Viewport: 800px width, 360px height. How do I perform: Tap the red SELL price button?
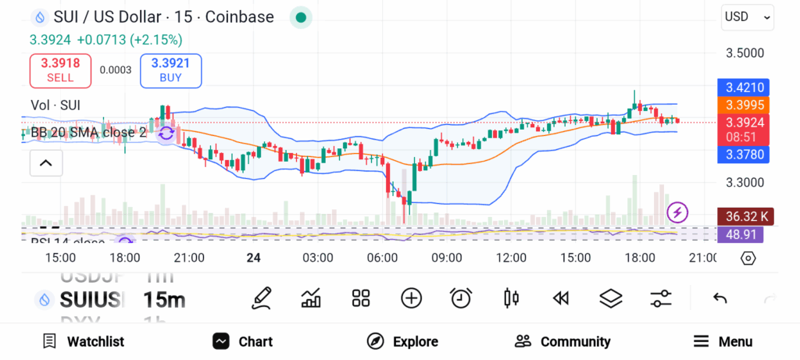[x=60, y=70]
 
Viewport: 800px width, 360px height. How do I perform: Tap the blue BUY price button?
[x=171, y=70]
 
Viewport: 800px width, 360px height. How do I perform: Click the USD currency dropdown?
[x=747, y=16]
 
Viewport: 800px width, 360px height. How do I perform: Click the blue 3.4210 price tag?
[x=744, y=87]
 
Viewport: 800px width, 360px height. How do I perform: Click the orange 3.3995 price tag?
[x=744, y=105]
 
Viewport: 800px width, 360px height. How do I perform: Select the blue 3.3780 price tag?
[x=744, y=155]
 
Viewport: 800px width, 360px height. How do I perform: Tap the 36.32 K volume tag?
[x=744, y=216]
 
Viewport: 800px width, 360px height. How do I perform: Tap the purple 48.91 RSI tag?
[x=744, y=233]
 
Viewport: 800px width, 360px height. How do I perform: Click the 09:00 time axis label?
[x=447, y=258]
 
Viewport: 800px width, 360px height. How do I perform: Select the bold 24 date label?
[x=253, y=258]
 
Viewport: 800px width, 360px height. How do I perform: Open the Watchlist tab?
[x=84, y=341]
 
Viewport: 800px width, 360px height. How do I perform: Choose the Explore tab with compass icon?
[x=403, y=341]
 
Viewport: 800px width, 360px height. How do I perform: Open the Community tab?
[x=562, y=341]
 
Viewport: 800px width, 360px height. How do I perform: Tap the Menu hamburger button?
[x=723, y=341]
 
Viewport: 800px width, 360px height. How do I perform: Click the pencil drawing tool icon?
[x=262, y=298]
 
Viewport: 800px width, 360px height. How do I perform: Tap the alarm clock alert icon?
[x=461, y=298]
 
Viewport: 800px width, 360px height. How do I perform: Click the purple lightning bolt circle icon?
[x=677, y=212]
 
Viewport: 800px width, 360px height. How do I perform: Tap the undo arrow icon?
[x=720, y=298]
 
